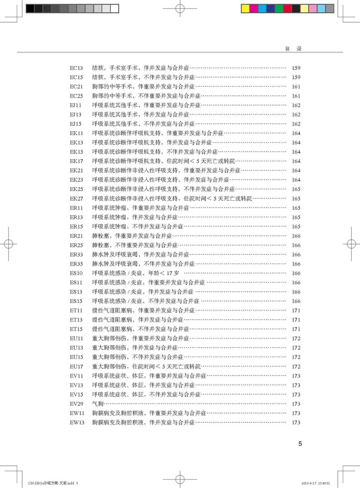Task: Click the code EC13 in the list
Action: pos(76,68)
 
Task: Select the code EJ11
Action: pos(76,105)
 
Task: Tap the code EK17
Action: pos(76,161)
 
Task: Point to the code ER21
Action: pos(76,236)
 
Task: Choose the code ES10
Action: pos(76,273)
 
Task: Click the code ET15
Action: pos(76,329)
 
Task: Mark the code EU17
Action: pos(76,367)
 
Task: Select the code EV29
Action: pos(76,404)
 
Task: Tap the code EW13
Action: pos(77,422)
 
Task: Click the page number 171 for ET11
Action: pos(296,310)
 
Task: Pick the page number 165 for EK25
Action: pos(296,189)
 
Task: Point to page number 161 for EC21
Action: pos(296,86)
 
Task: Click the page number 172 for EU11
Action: pos(296,338)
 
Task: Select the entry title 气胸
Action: pos(98,404)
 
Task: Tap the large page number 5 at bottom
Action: pos(300,444)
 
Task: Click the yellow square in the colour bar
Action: pos(245,8)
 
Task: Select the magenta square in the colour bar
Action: pos(253,8)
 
